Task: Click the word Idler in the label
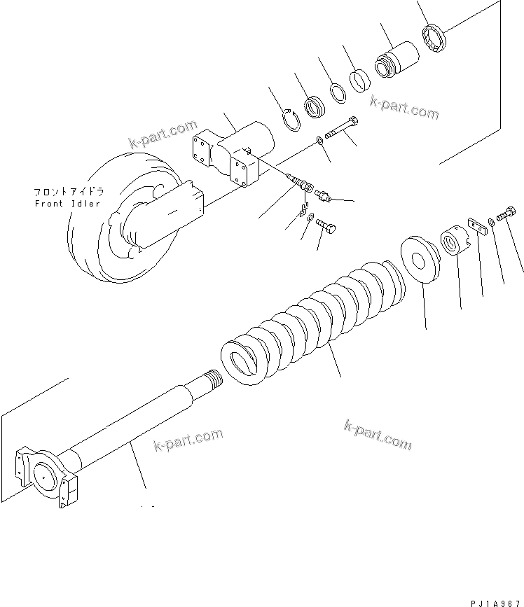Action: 84,204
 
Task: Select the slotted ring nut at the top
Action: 436,38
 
